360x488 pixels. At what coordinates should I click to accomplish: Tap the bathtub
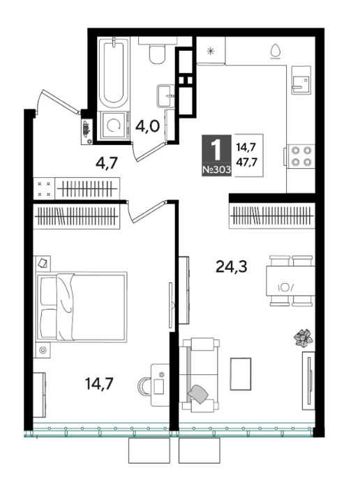point(113,73)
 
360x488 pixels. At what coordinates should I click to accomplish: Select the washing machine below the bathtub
point(114,125)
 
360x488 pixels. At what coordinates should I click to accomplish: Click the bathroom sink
point(166,96)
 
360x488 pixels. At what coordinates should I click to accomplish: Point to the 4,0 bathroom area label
point(147,127)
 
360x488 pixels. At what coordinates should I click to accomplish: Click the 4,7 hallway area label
point(106,162)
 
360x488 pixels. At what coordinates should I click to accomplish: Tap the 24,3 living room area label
point(232,267)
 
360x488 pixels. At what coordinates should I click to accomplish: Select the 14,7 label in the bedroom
point(99,383)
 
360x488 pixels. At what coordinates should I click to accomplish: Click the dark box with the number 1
point(216,155)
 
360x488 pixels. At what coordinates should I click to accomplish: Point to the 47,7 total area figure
point(246,162)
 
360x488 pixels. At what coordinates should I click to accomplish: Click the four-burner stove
point(301,156)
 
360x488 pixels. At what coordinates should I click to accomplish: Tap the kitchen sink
point(301,80)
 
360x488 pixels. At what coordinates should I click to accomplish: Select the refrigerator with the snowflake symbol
point(211,51)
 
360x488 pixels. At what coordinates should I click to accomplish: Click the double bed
point(82,307)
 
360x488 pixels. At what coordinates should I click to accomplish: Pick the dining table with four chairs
point(290,281)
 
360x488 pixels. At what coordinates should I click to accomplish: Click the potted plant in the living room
point(303,337)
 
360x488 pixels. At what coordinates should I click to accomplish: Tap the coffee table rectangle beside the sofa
point(241,374)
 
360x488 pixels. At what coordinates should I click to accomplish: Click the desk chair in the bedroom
point(144,386)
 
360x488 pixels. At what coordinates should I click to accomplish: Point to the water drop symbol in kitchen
point(276,52)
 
